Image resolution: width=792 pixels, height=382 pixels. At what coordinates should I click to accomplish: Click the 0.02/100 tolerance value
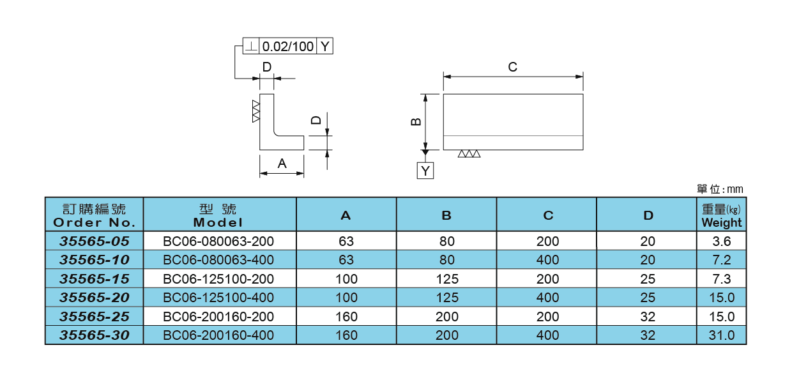[x=288, y=47]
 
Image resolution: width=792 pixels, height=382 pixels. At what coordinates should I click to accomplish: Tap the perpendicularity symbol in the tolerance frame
[x=252, y=47]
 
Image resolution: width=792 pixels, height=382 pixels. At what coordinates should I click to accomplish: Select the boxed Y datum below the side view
[x=425, y=171]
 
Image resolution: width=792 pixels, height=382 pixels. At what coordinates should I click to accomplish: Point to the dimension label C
[x=512, y=67]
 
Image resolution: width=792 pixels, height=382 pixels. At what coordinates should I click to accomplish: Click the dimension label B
[x=416, y=121]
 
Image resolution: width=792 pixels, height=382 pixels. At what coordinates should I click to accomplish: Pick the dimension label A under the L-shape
[x=282, y=164]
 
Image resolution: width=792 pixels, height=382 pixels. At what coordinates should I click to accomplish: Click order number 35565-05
[x=94, y=241]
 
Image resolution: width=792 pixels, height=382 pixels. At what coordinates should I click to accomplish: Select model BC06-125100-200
[x=219, y=279]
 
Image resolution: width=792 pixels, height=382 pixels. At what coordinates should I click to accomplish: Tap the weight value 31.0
[x=722, y=335]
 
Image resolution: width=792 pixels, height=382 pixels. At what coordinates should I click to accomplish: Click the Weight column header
[x=722, y=216]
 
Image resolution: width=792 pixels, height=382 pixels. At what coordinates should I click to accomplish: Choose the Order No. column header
[x=94, y=216]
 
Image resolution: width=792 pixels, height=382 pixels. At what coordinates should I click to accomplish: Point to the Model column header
[x=219, y=216]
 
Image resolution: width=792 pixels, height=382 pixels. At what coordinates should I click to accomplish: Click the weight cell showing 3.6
[x=722, y=241]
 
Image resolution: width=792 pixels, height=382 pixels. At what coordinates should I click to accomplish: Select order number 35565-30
[x=94, y=335]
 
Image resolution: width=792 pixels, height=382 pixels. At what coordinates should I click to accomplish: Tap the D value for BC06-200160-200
[x=647, y=317]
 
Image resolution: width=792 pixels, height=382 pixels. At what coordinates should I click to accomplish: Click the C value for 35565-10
[x=547, y=260]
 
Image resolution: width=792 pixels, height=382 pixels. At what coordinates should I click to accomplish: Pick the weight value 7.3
[x=722, y=279]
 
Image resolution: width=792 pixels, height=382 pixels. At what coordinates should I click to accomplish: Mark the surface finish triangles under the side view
[x=469, y=155]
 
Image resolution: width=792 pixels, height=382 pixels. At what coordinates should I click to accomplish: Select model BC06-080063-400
[x=219, y=260]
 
